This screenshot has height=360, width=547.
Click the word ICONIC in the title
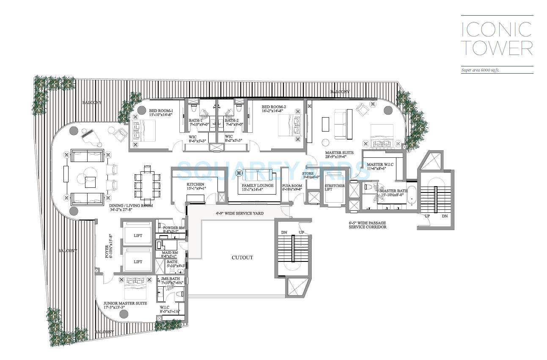(x=496, y=29)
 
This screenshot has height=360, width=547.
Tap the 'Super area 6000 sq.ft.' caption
(x=480, y=70)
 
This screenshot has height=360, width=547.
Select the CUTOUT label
(x=242, y=257)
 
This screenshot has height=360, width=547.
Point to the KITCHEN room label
(x=195, y=184)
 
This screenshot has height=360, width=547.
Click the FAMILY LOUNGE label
(x=257, y=185)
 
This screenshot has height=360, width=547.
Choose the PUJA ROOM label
(x=292, y=185)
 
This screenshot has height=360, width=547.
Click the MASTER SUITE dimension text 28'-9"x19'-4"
(x=339, y=157)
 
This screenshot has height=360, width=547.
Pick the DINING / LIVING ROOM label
(x=125, y=205)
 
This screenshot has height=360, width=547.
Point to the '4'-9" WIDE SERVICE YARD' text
(x=239, y=214)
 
